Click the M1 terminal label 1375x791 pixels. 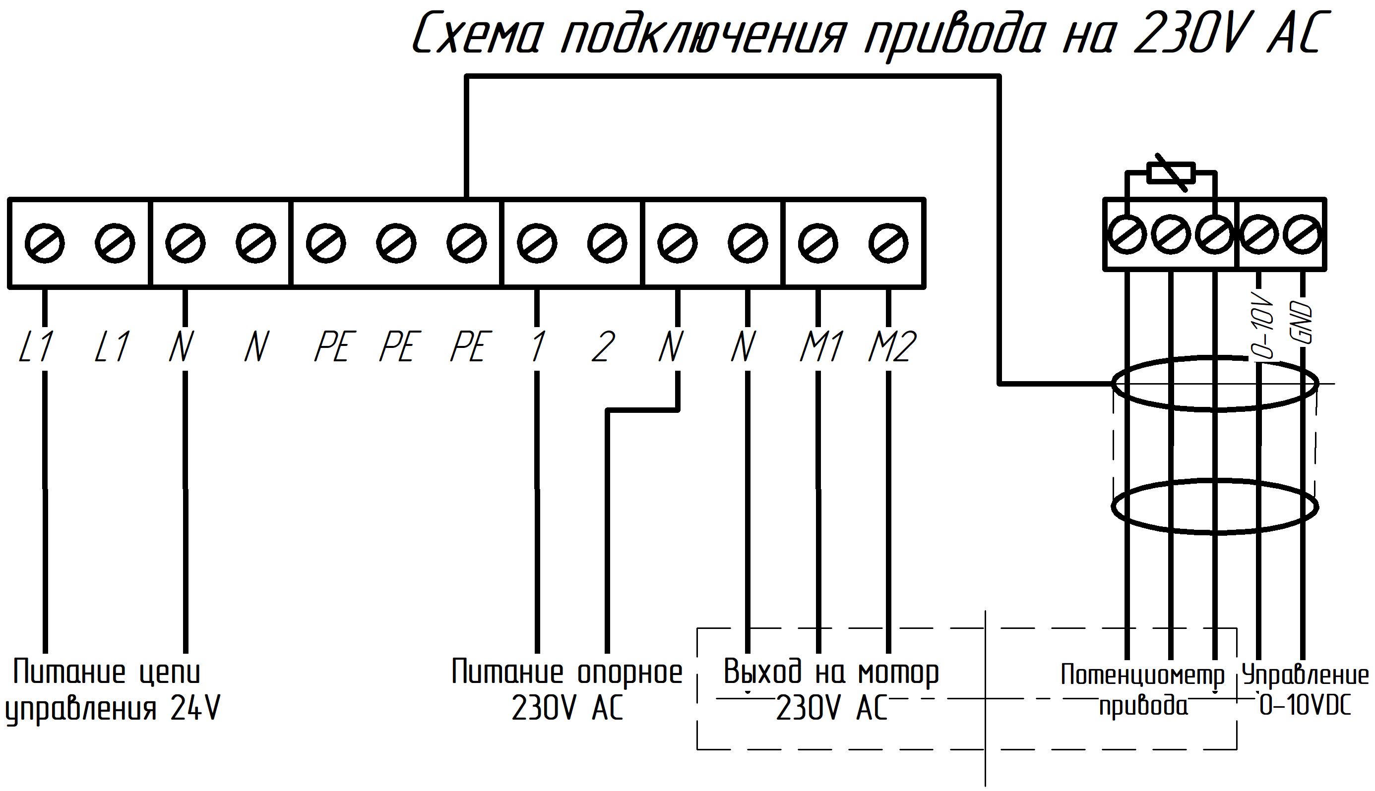[x=821, y=346]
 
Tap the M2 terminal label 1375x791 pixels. [x=892, y=346]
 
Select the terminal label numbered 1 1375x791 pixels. [x=538, y=346]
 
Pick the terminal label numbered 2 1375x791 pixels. [x=603, y=346]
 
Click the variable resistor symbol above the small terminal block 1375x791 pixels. [x=1171, y=174]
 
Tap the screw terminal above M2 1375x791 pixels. [x=888, y=243]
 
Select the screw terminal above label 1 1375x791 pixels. [x=537, y=243]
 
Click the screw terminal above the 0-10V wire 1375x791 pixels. [x=1258, y=235]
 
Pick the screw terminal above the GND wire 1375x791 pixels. [x=1302, y=235]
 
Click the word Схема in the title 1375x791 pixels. [x=479, y=34]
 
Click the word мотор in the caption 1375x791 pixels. [x=898, y=673]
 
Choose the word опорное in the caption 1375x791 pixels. [x=629, y=673]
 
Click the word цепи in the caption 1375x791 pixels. [x=170, y=673]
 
